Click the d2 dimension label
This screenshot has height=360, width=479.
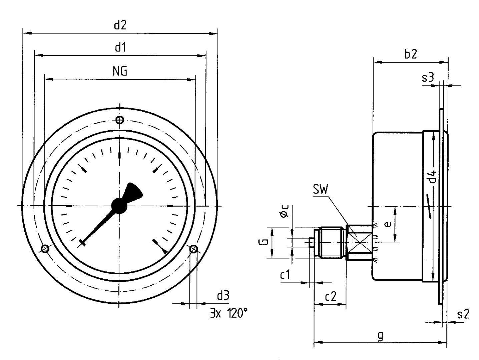[x=120, y=26]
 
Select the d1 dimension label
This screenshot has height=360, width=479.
[x=120, y=48]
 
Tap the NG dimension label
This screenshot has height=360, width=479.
[x=119, y=71]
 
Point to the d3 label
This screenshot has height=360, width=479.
[x=223, y=296]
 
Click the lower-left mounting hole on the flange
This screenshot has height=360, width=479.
[x=44, y=249]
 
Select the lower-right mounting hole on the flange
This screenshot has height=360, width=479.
[x=193, y=249]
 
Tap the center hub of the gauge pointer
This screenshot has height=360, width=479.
[x=119, y=205]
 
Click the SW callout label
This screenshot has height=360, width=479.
[x=321, y=190]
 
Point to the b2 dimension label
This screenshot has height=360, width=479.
[x=411, y=54]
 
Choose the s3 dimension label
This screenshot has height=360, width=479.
[x=428, y=78]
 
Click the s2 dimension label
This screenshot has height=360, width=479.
[x=463, y=314]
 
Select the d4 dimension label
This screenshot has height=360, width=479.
[x=433, y=177]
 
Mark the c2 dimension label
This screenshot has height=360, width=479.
[x=331, y=296]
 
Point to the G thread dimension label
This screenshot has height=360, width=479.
[x=264, y=242]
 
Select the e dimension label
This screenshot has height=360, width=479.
[x=387, y=224]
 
